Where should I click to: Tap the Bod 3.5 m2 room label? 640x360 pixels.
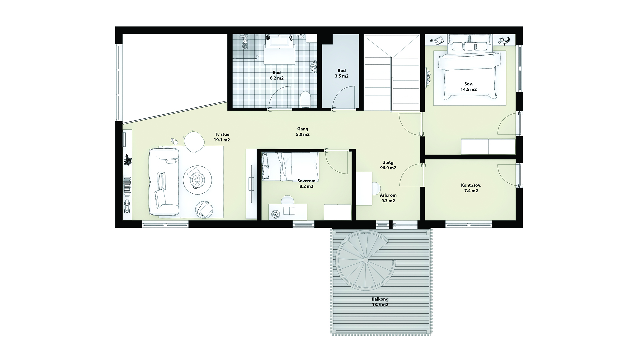click(342, 73)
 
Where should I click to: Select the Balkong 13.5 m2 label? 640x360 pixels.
click(380, 302)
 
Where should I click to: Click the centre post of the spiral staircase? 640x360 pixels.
click(366, 260)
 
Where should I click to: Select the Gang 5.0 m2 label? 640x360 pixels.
click(303, 132)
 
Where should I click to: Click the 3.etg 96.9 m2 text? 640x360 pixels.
click(388, 165)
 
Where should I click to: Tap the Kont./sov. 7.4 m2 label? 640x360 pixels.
click(471, 188)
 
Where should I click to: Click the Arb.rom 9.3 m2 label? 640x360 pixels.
click(388, 198)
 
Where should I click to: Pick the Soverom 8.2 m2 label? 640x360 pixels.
click(306, 184)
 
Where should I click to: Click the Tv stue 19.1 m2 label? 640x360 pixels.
click(222, 137)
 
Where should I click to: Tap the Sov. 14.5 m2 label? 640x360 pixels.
click(469, 87)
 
